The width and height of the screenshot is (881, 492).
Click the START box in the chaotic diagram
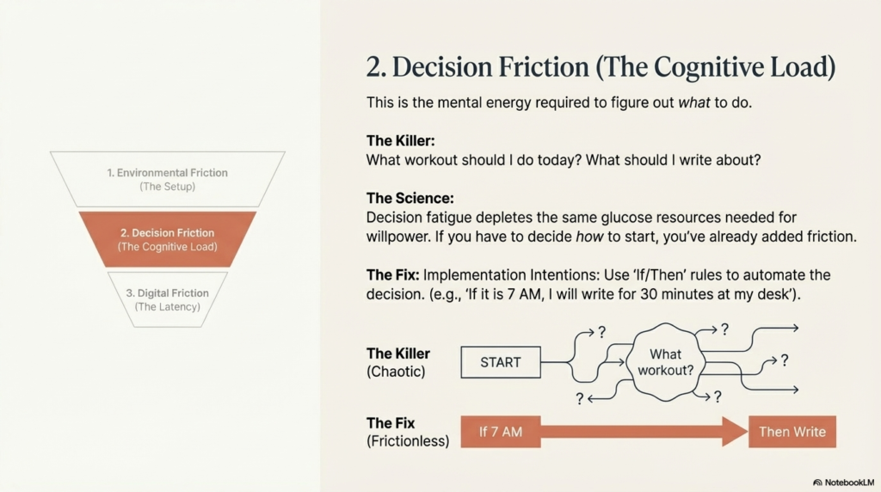501,362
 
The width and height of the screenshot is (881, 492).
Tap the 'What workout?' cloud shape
666,362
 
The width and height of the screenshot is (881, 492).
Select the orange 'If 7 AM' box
501,432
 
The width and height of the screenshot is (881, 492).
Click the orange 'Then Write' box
792,432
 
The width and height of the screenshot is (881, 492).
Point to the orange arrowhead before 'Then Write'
735,432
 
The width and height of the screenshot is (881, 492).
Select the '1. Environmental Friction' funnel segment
168,179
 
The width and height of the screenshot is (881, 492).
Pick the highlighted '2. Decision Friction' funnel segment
168,239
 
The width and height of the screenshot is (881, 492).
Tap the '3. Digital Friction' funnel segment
168,299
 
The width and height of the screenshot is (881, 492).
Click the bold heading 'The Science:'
410,198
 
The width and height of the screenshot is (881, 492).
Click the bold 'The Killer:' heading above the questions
401,140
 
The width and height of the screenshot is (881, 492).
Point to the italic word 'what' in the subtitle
694,102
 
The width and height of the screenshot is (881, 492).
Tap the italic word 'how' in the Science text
589,237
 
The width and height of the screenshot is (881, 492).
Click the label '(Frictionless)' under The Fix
408,441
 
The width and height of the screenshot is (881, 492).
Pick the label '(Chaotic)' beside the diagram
396,372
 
